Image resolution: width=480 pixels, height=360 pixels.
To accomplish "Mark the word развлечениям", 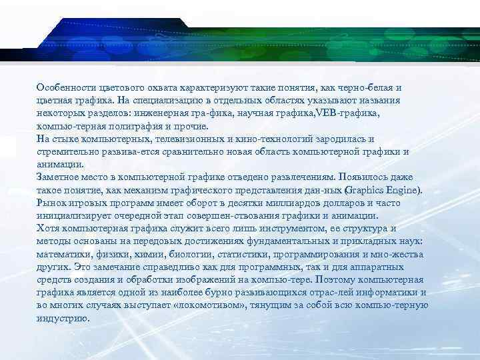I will point(293,177).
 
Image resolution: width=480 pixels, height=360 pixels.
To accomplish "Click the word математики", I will point(65,254).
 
